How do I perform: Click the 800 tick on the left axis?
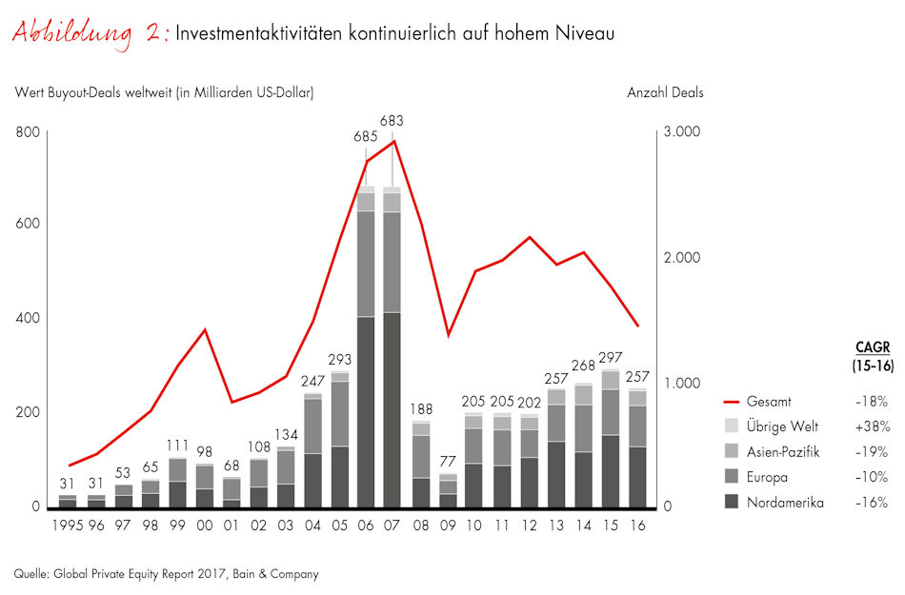pyautogui.click(x=30, y=131)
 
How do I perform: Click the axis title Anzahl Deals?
pyautogui.click(x=665, y=93)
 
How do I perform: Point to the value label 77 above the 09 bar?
pyautogui.click(x=449, y=462)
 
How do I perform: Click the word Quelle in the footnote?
pyautogui.click(x=31, y=574)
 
